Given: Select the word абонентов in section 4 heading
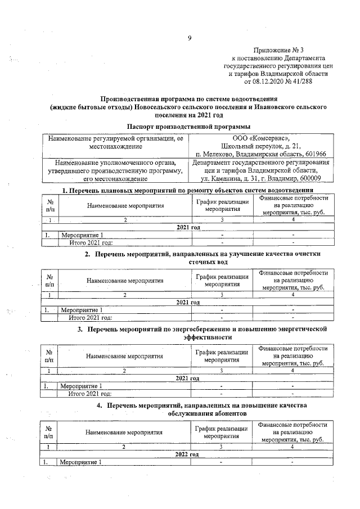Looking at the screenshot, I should click(225, 413).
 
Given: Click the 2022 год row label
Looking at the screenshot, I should click(188, 454).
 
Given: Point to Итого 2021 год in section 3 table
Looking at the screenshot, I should click(90, 394).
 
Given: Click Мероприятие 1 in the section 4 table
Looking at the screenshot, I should click(82, 462).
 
